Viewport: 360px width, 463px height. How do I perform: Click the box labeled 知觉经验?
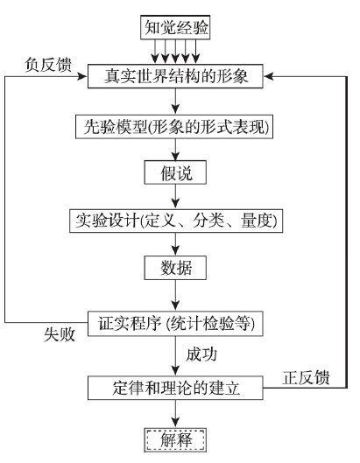175,27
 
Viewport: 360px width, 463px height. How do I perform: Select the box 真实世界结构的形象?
175,76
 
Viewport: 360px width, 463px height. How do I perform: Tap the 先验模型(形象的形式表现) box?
174,127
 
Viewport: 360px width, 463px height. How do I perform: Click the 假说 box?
175,172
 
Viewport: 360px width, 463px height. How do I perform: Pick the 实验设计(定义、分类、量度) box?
176,221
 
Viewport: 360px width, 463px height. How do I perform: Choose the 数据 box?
175,268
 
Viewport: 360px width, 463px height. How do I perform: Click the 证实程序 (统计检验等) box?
175,324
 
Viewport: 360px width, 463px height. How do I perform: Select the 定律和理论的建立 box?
175,388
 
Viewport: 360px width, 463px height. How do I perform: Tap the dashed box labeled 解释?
175,440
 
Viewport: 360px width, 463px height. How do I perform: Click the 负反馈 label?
48,65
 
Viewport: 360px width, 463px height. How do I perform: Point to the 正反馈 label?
306,377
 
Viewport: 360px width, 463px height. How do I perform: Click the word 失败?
60,334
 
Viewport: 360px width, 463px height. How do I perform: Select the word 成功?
201,354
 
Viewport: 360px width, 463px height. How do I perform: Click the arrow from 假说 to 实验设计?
175,197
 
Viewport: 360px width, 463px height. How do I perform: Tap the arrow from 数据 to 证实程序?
175,295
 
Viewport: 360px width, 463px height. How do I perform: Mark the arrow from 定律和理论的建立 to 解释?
175,414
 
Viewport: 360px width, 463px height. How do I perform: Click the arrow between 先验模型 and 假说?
175,150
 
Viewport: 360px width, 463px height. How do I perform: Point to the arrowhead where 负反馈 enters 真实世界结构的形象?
82,76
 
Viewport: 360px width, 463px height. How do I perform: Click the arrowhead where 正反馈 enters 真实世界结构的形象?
268,76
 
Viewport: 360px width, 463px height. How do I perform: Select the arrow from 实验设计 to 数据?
175,244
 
